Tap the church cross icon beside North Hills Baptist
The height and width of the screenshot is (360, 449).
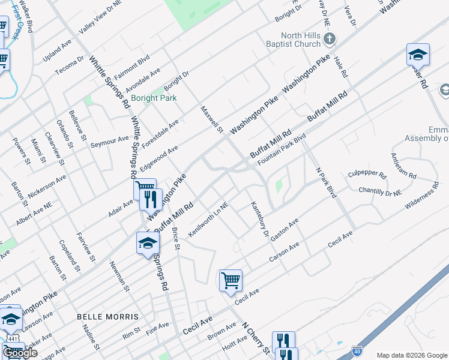click(329, 40)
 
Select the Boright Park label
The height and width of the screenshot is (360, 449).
click(154, 98)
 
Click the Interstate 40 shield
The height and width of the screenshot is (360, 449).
click(357, 349)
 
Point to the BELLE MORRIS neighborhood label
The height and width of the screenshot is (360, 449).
click(108, 316)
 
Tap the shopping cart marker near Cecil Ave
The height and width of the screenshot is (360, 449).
click(231, 280)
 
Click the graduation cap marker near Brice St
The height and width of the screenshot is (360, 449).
click(148, 243)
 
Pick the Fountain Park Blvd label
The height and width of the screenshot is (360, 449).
click(282, 151)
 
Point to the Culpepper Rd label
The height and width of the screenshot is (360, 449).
click(367, 175)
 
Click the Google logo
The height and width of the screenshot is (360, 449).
click(20, 353)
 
